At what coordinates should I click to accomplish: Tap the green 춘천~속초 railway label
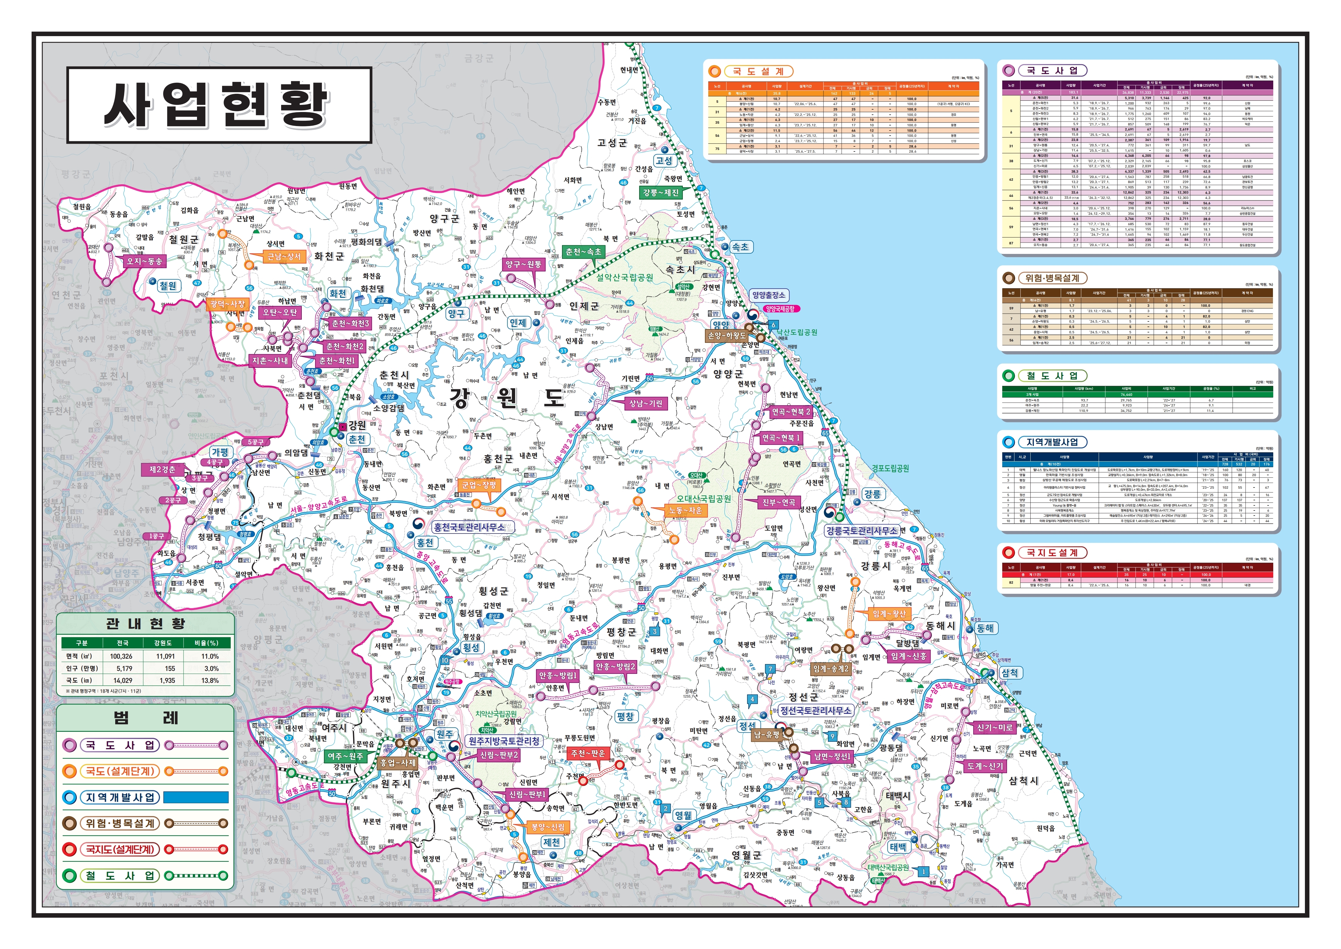point(583,252)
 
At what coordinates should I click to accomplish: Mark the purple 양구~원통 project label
point(523,265)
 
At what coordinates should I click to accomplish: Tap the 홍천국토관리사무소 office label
point(468,527)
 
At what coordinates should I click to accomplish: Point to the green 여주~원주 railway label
point(345,756)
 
